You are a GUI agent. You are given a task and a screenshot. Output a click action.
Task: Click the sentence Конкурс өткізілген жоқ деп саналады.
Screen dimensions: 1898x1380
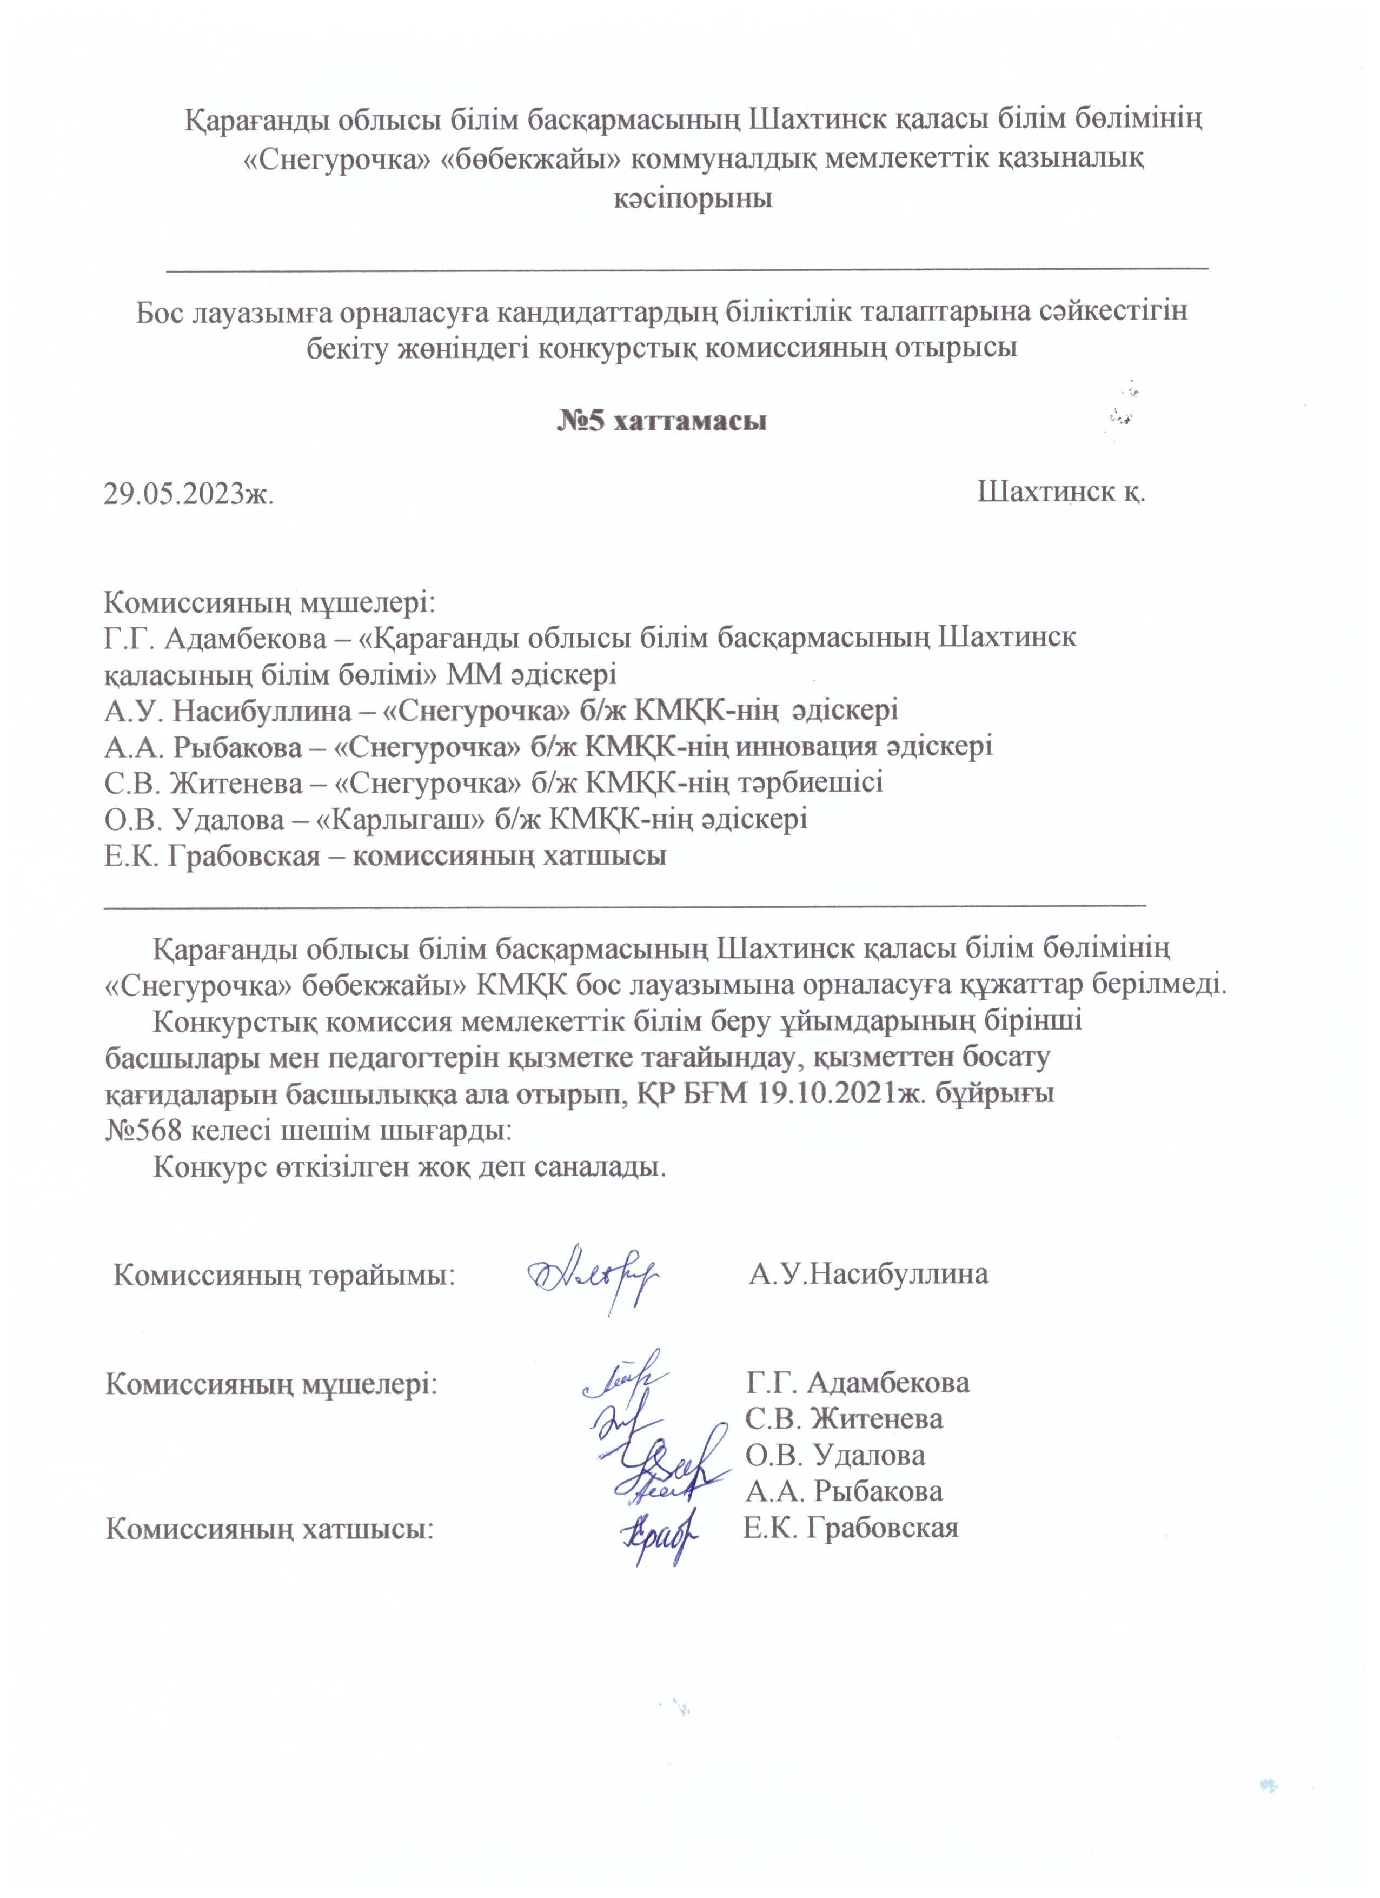[x=410, y=1167]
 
